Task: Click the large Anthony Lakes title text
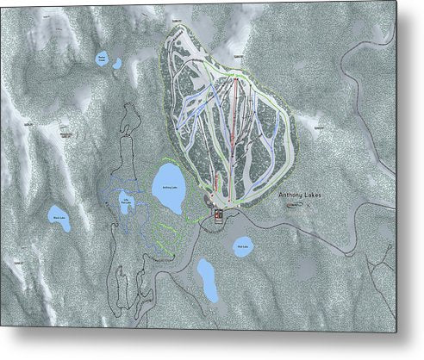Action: point(302,196)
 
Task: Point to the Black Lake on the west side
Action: point(58,219)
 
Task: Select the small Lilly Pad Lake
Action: point(126,204)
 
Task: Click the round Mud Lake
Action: point(242,247)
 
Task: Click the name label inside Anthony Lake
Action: point(169,187)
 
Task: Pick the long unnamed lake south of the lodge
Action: point(207,278)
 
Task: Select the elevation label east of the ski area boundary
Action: point(319,126)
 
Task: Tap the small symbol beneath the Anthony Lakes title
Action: point(296,207)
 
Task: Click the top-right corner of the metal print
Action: point(396,2)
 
